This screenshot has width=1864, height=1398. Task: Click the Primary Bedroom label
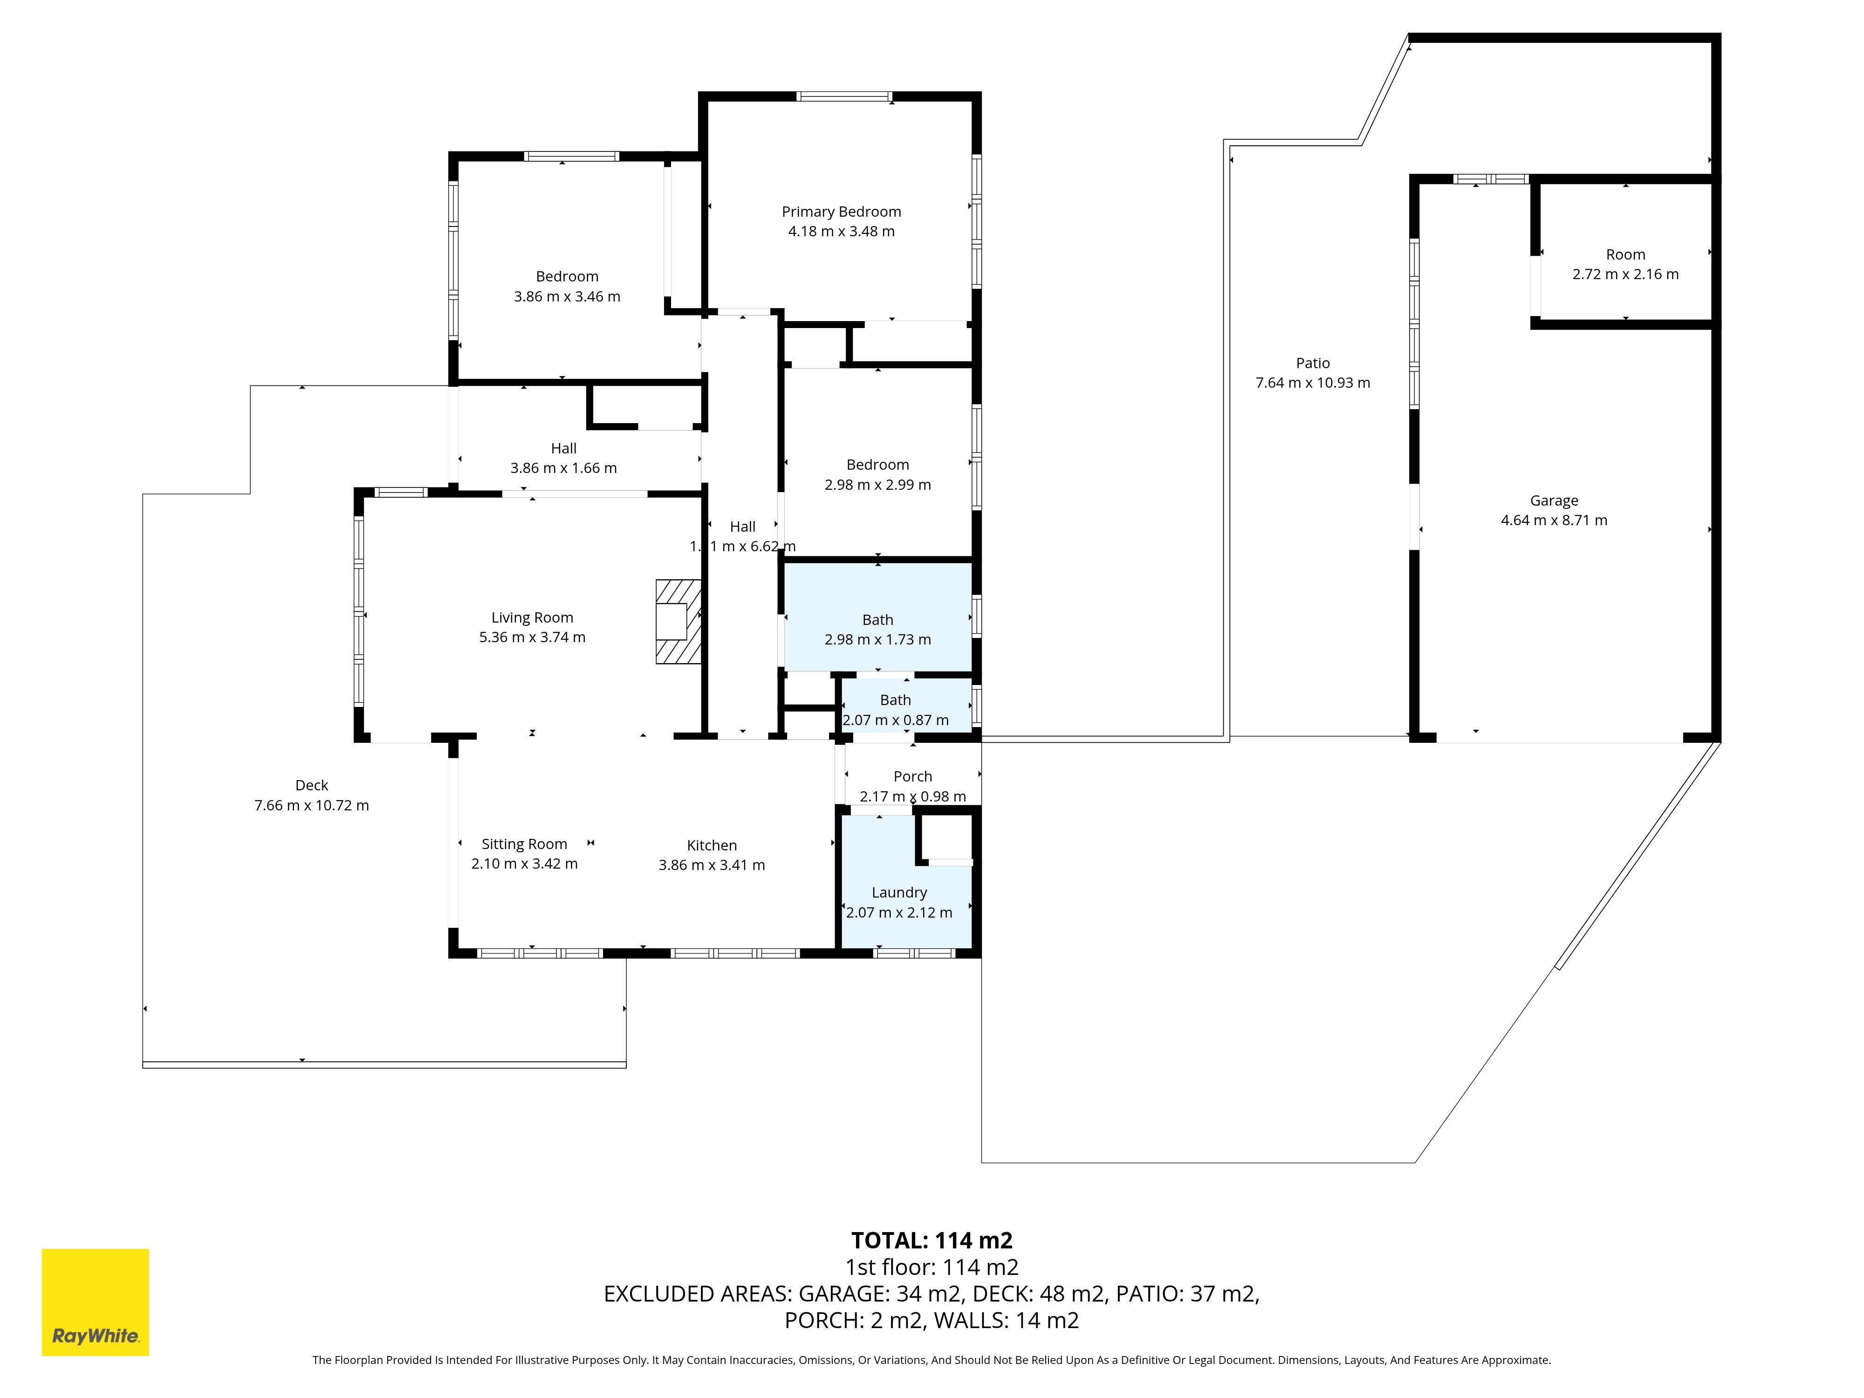coord(841,212)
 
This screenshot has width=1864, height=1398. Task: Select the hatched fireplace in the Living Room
coord(678,622)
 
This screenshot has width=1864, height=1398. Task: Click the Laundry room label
coord(899,892)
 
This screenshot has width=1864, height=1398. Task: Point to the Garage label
coord(1554,500)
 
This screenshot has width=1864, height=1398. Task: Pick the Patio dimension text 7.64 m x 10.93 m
coord(1313,383)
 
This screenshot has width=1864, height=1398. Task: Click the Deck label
coord(312,785)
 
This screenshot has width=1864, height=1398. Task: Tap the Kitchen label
coord(712,845)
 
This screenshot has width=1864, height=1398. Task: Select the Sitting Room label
coord(524,843)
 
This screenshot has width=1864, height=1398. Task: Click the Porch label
coord(912,776)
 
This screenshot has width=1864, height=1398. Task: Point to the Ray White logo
coord(95,1302)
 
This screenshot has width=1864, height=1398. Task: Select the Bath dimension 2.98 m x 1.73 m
coord(877,640)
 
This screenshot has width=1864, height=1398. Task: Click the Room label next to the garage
coord(1625,254)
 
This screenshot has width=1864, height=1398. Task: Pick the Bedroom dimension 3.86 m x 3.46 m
coord(567,297)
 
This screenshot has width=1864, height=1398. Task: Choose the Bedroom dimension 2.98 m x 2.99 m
coord(877,485)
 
